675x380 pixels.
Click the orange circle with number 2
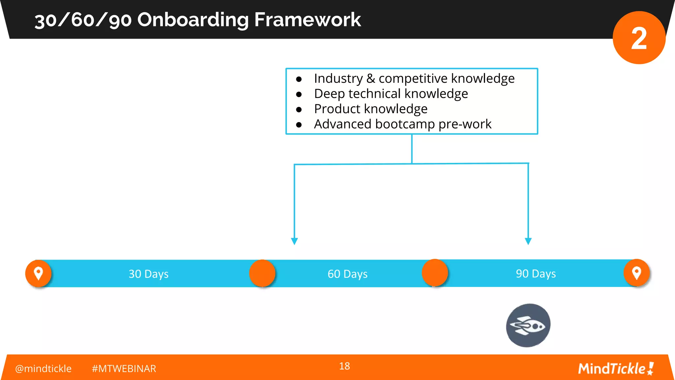coord(639,38)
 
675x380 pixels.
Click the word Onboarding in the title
coord(193,20)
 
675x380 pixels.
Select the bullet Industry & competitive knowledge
coord(414,79)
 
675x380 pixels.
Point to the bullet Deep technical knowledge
coord(391,94)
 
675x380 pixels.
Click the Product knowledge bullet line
coord(370,109)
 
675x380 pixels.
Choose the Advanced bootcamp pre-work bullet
coord(402,124)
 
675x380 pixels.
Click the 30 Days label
coord(148,274)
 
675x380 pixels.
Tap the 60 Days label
coord(347,274)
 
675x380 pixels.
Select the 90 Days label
coord(536,273)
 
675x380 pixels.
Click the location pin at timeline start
coord(39,273)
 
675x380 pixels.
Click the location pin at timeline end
coord(636,273)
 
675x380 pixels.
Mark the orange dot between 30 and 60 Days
coord(262,273)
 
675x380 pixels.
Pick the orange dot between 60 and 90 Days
coord(435,273)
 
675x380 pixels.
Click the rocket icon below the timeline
coord(528,326)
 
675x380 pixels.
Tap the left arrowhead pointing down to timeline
coord(294,241)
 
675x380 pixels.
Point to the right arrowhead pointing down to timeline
coord(528,241)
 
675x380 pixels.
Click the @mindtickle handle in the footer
coord(43,368)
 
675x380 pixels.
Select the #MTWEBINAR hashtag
coord(124,368)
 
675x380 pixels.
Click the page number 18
coord(344,366)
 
